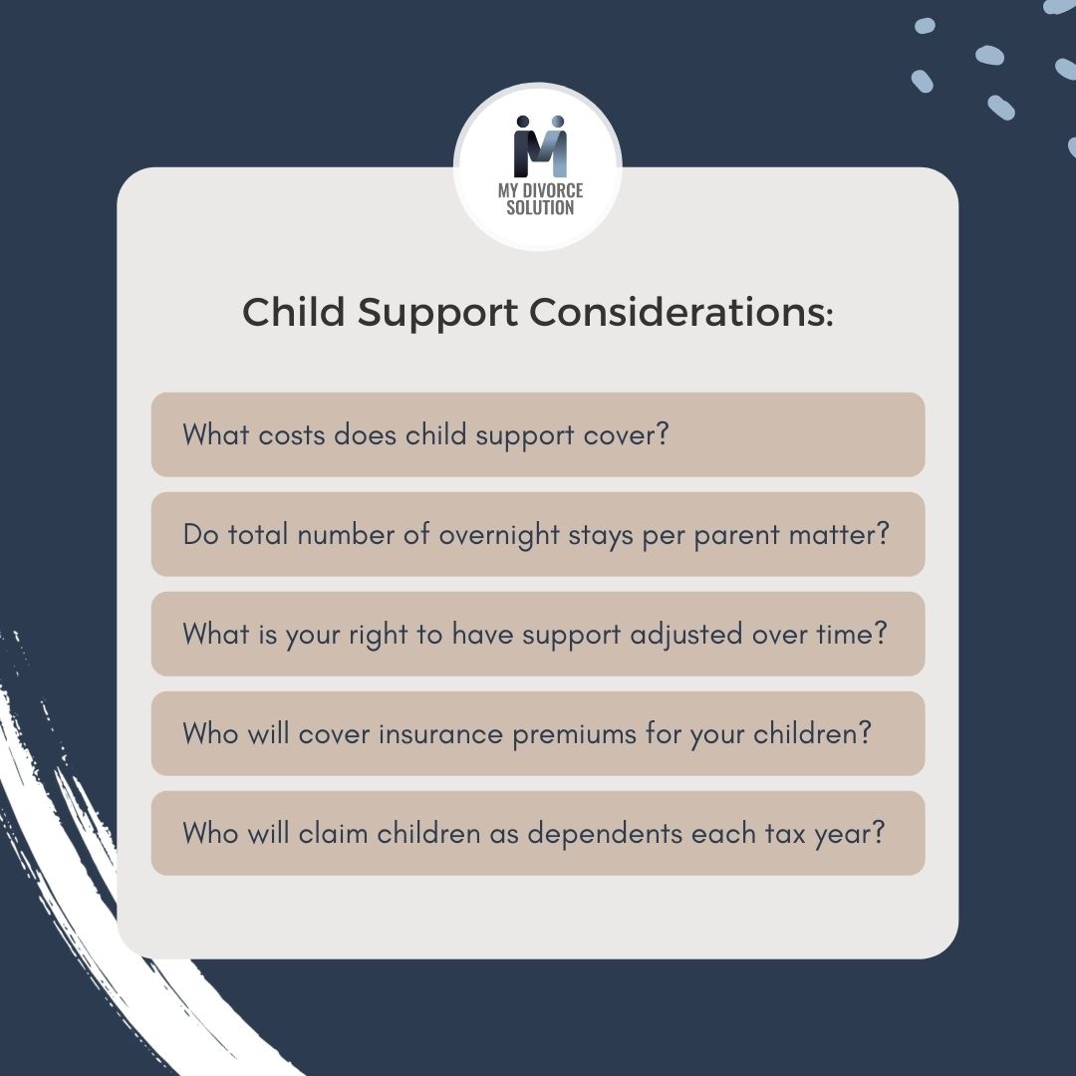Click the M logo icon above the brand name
[539, 147]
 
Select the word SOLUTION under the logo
[539, 208]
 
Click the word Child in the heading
[294, 313]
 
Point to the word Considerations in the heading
[680, 313]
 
